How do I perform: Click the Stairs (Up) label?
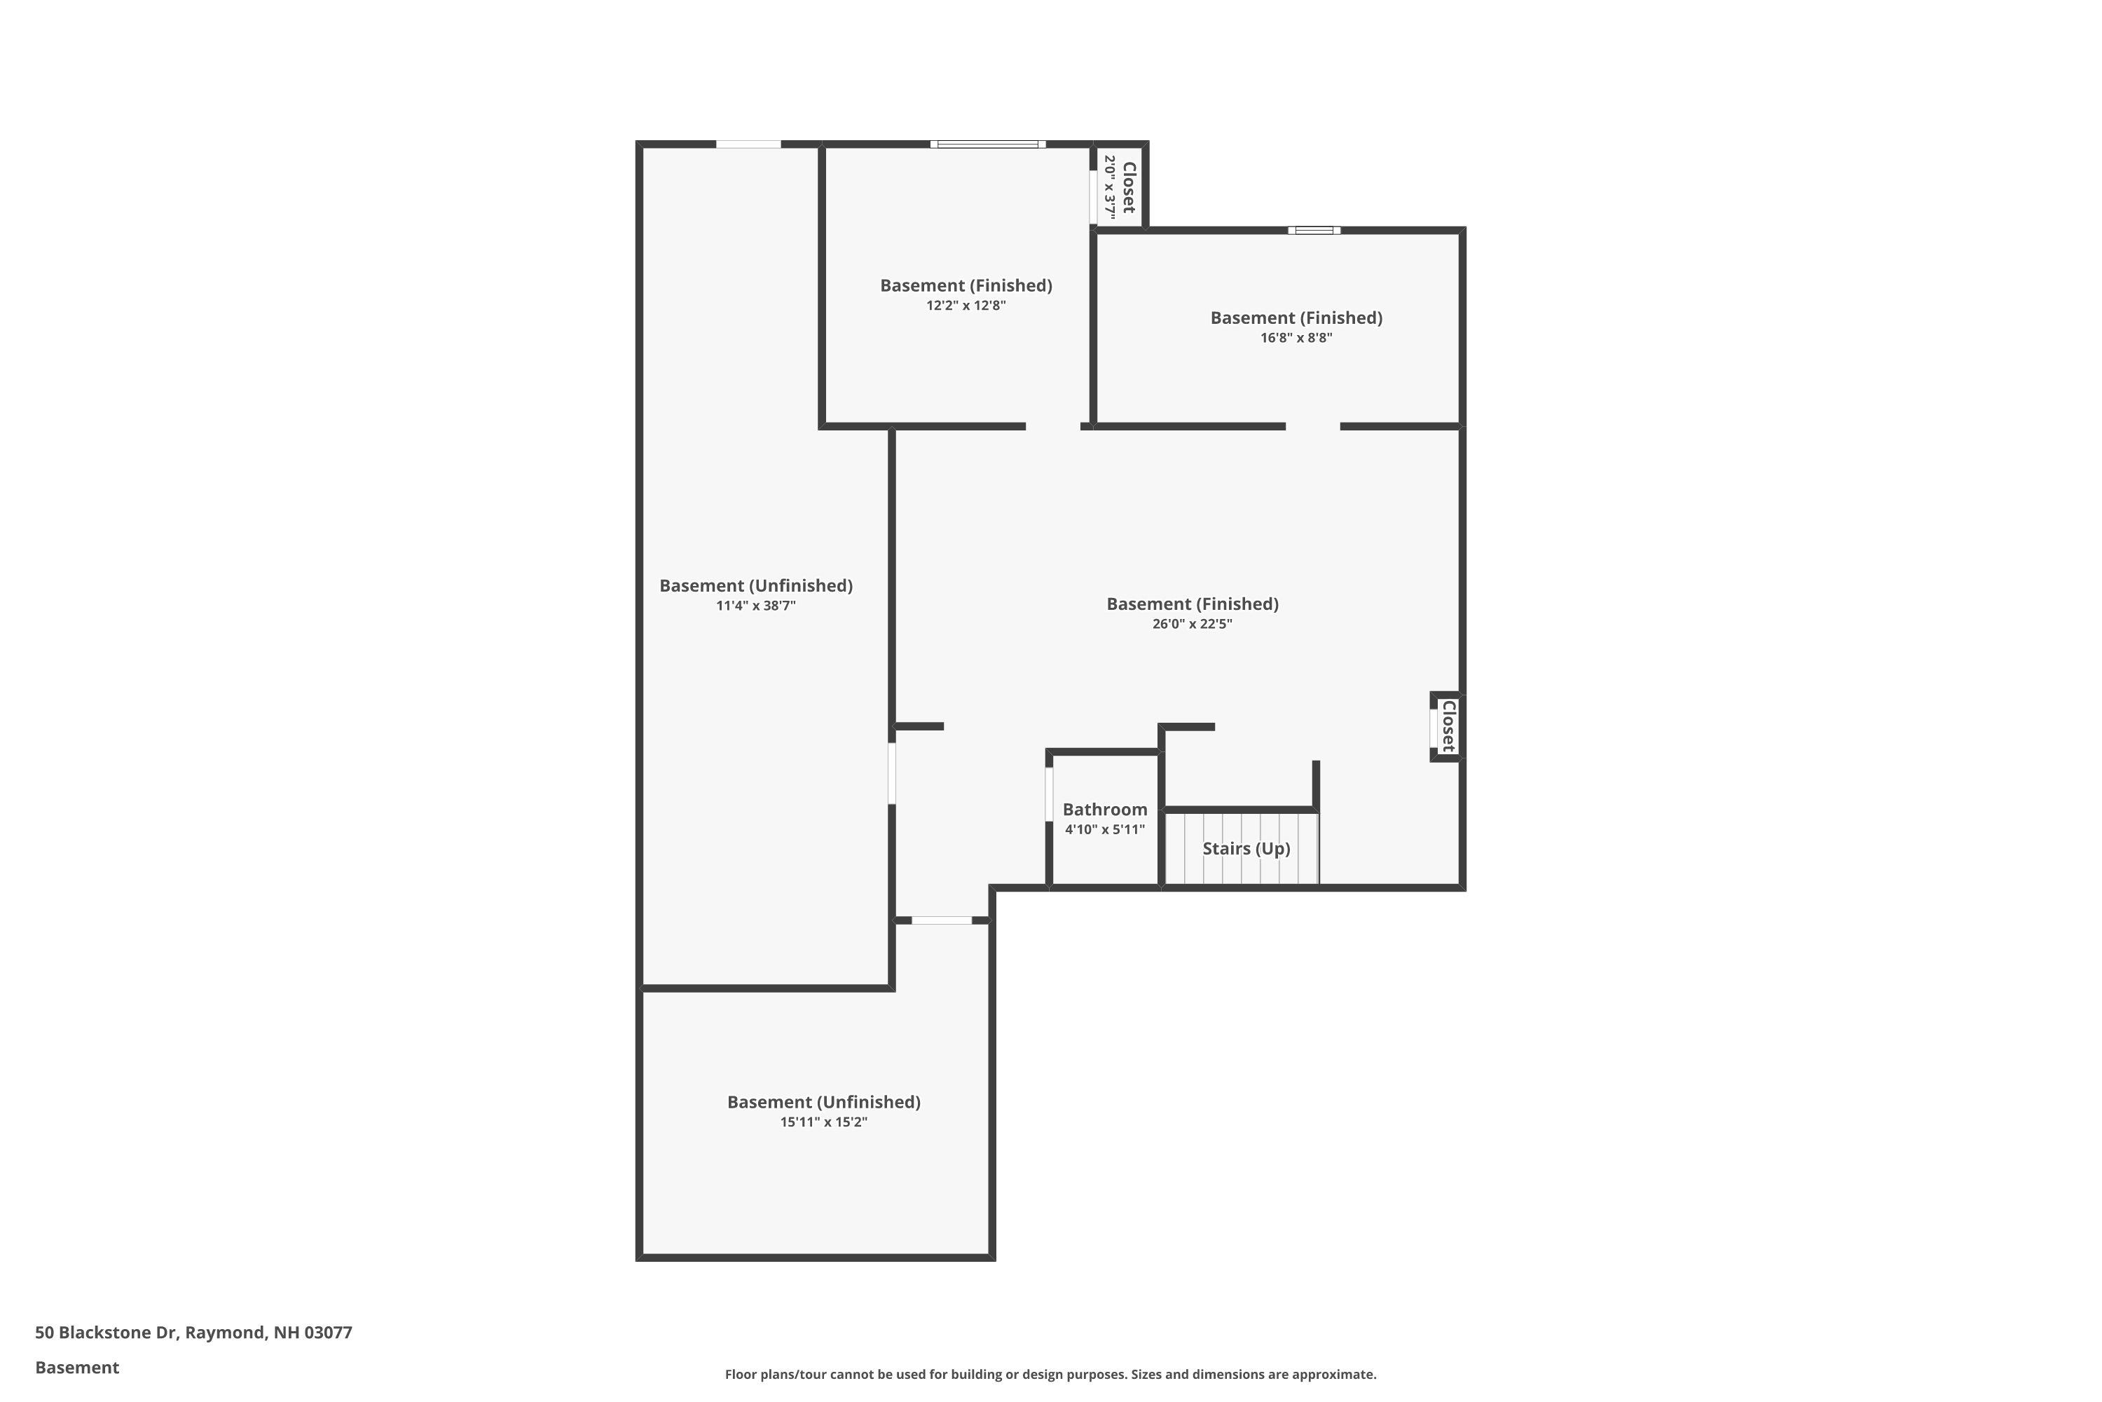(1246, 848)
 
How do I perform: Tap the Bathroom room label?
(1105, 809)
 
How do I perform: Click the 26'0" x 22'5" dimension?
(1193, 624)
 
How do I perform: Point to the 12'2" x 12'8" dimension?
(966, 306)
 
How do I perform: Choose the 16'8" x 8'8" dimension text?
(1296, 338)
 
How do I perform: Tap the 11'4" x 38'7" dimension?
(756, 606)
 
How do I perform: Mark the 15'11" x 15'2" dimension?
(823, 1122)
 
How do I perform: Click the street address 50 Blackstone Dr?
(194, 1333)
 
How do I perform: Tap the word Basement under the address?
(77, 1367)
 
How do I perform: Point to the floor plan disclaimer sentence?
(1050, 1374)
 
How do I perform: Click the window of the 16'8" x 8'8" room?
(1314, 231)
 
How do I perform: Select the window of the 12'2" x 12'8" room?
(987, 144)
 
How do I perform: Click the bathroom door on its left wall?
(1049, 793)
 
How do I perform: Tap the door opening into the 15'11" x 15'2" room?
(941, 920)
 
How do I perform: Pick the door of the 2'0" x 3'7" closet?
(1093, 197)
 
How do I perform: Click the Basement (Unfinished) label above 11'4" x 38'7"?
(756, 585)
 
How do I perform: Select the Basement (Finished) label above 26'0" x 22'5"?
(1193, 604)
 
